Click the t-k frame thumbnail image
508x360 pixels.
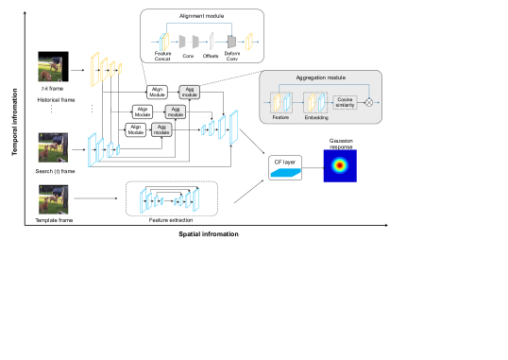(51, 66)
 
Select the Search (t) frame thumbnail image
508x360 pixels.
(51, 147)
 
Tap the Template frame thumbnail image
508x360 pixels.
(51, 199)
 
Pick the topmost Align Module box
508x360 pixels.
(157, 92)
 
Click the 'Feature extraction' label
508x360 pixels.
(171, 219)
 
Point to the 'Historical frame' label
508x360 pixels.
(55, 98)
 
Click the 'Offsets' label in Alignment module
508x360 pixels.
(211, 57)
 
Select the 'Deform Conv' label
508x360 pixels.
(232, 60)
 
